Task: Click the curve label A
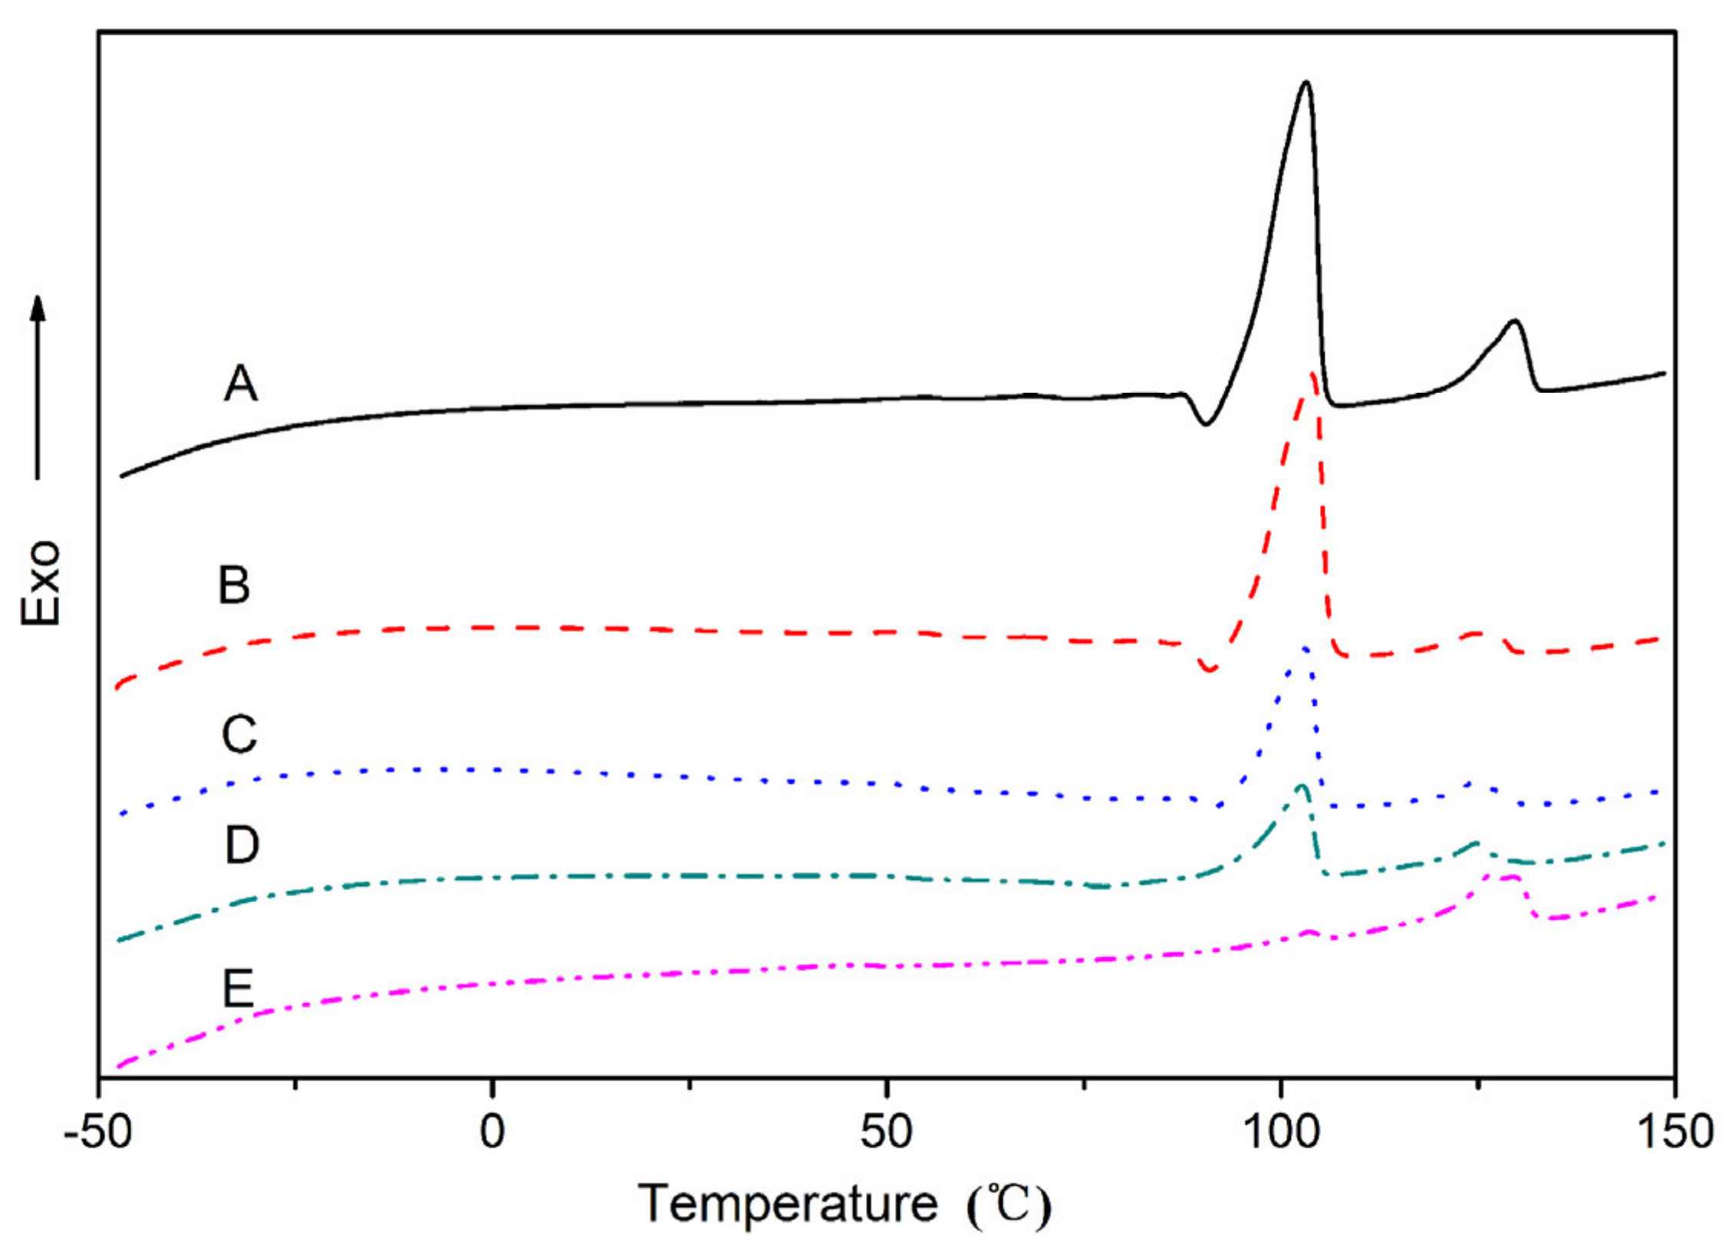pos(240,383)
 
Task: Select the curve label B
pos(234,585)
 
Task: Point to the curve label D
pos(242,845)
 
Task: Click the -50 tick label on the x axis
pos(97,1131)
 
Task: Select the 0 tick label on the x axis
pos(492,1131)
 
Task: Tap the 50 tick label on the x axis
pos(886,1131)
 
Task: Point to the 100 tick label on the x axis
pos(1280,1131)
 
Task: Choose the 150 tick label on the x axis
pos(1675,1131)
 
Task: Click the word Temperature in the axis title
pos(788,1203)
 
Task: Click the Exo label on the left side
pos(40,583)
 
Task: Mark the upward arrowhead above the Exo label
pos(38,307)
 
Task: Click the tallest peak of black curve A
pos(1305,82)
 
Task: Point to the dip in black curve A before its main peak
pos(1206,423)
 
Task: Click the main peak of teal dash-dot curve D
pos(1301,786)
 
